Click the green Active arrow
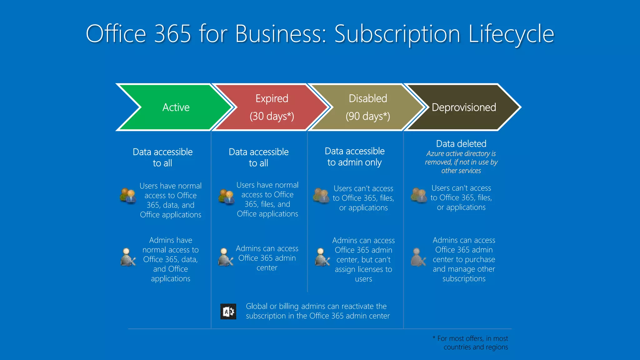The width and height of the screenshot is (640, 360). [x=176, y=107]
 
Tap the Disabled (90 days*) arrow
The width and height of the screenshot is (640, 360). [x=367, y=107]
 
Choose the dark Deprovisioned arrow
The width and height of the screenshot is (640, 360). [x=464, y=107]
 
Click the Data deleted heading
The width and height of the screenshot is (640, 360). [x=461, y=144]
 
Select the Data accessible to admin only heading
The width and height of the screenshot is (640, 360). [x=355, y=157]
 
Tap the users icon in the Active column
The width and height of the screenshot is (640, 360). [x=128, y=196]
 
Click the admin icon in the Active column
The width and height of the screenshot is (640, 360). [x=128, y=257]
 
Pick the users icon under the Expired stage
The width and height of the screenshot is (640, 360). [x=226, y=197]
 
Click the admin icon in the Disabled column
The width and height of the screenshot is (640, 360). [x=322, y=257]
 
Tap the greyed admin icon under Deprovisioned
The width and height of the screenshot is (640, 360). [x=418, y=257]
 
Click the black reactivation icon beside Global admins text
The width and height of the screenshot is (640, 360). [x=228, y=311]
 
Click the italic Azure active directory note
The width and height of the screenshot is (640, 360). [x=461, y=162]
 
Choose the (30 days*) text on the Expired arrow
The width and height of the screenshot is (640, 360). [x=272, y=116]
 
